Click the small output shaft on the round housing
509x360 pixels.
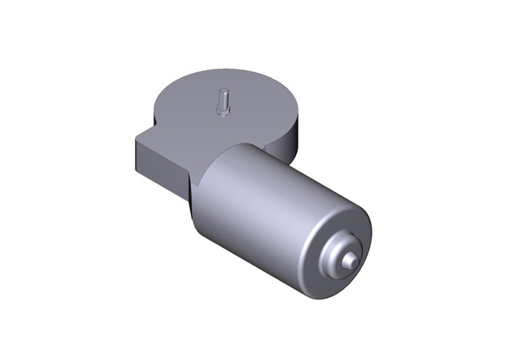pyautogui.click(x=222, y=103)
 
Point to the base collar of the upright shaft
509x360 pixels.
pyautogui.click(x=222, y=112)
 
